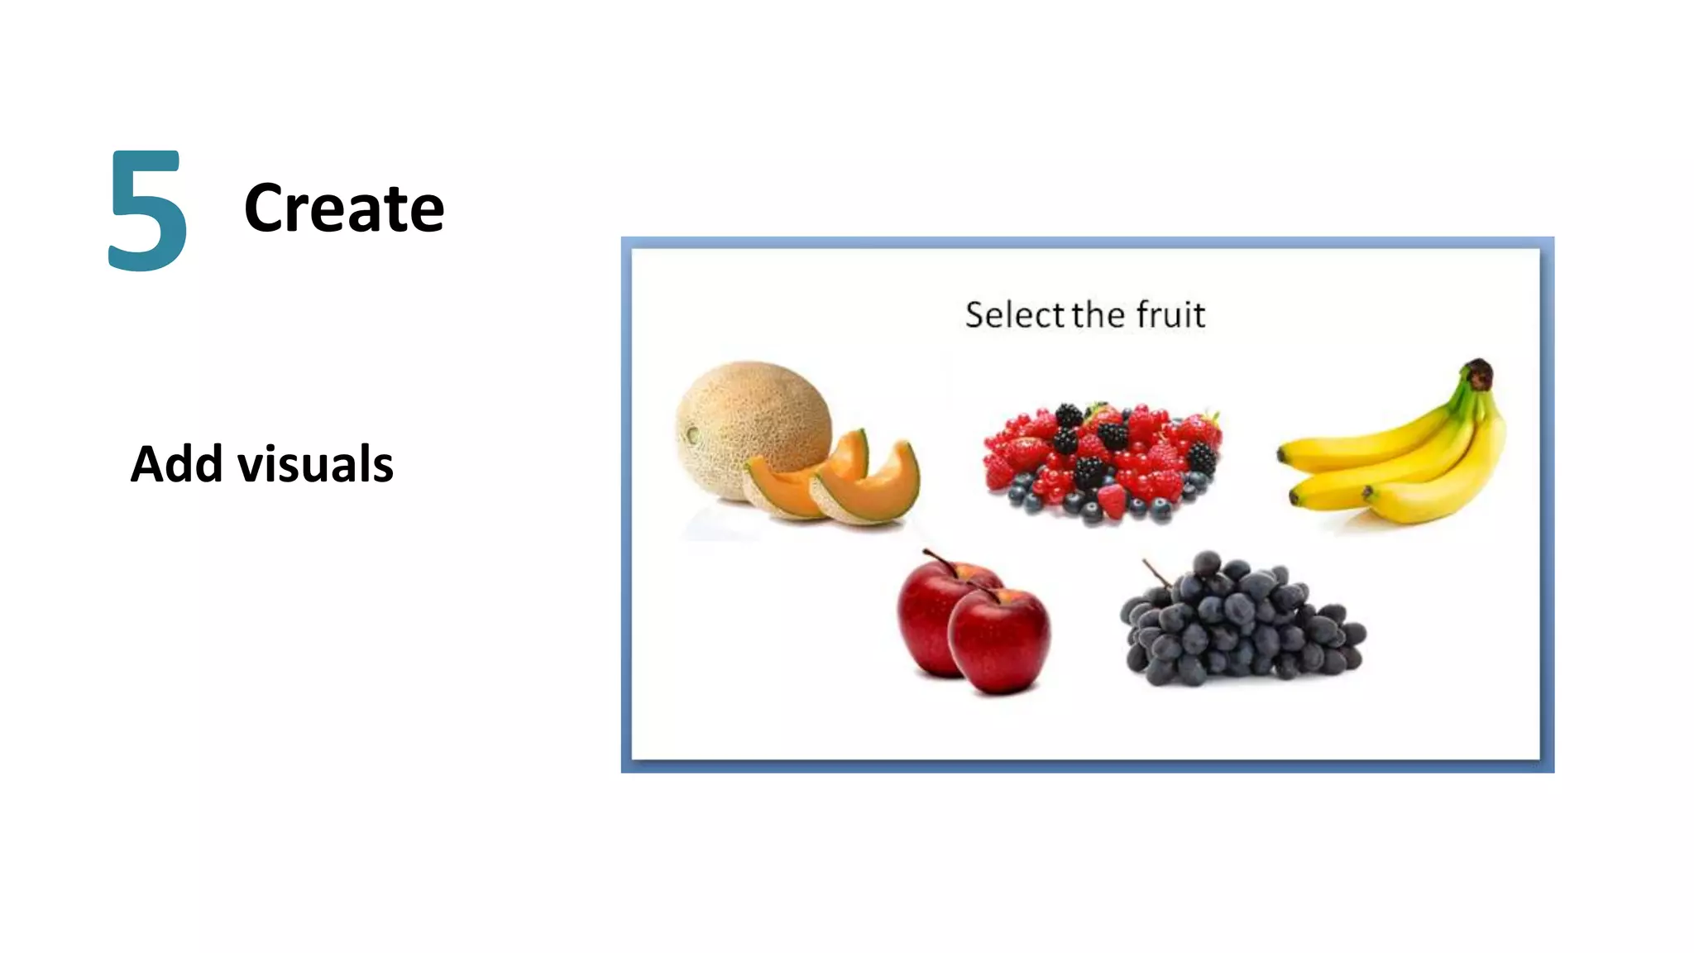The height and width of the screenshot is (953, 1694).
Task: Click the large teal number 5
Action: click(x=148, y=210)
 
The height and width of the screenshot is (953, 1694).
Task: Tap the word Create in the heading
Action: click(x=344, y=208)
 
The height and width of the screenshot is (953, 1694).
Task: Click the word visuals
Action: click(x=315, y=464)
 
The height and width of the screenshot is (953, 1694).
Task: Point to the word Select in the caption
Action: click(x=1014, y=315)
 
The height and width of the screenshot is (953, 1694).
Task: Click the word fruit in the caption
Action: click(x=1170, y=315)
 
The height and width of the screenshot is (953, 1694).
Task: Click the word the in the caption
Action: click(x=1098, y=315)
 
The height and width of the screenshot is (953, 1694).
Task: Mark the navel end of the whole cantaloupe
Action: click(x=692, y=434)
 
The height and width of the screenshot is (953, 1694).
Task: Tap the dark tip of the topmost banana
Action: click(x=1281, y=453)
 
